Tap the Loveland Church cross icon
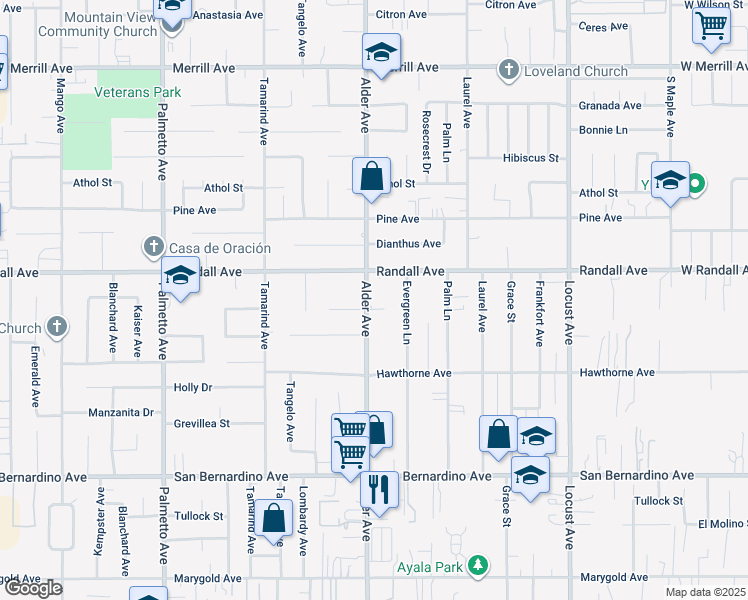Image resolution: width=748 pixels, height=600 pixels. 509,70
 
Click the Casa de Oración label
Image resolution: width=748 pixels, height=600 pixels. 208,248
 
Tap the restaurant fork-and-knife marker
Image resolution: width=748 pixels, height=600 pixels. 379,489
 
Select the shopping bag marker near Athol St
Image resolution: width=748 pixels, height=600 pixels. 371,176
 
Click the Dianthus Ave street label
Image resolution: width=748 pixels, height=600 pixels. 408,244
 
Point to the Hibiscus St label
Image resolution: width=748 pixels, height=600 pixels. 530,158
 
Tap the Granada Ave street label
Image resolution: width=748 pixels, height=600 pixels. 610,105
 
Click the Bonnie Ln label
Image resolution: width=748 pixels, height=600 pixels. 603,130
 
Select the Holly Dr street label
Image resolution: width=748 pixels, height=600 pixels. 193,387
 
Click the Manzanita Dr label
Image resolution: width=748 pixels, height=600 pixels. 120,412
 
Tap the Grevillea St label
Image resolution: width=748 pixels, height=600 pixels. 202,423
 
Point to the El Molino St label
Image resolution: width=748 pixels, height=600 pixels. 722,523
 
